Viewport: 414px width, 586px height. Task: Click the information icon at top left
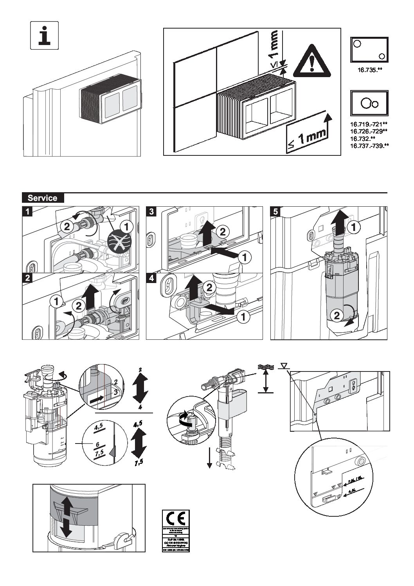pyautogui.click(x=44, y=35)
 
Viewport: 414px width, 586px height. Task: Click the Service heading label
pyautogui.click(x=42, y=198)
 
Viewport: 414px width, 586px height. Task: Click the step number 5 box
pyautogui.click(x=275, y=211)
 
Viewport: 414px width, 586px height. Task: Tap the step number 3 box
pyautogui.click(x=151, y=211)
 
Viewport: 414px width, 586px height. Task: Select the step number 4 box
pyautogui.click(x=151, y=278)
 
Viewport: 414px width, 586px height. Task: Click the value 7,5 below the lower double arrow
pyautogui.click(x=139, y=463)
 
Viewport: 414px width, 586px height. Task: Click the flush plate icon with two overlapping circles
pyautogui.click(x=369, y=103)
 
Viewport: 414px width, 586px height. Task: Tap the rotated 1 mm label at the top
pyautogui.click(x=274, y=45)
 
